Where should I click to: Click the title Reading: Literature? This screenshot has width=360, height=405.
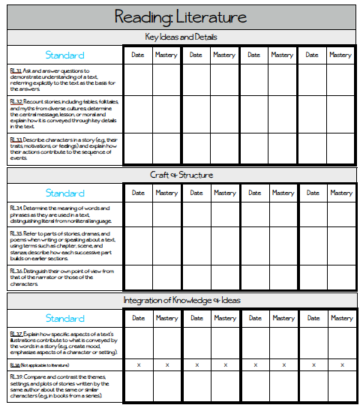point(180,17)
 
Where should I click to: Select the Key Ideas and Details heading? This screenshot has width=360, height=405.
point(180,37)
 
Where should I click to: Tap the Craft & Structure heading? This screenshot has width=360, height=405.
point(180,175)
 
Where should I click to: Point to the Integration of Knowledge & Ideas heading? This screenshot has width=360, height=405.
point(180,300)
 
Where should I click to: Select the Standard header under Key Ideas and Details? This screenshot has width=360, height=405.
point(64,55)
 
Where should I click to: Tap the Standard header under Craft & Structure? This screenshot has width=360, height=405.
point(64,193)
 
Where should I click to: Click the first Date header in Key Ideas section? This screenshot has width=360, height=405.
point(138,55)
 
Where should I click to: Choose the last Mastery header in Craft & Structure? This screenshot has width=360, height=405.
point(341,193)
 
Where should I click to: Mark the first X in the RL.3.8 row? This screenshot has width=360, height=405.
point(138,364)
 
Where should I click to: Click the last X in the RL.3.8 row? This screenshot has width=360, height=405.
point(341,364)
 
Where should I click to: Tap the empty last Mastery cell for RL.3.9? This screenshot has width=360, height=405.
point(341,385)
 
